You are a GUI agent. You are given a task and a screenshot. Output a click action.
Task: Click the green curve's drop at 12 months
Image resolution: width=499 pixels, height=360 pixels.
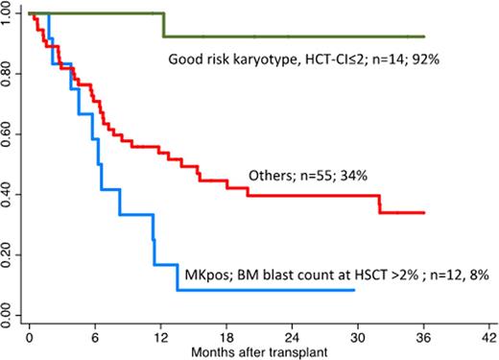tap(163, 25)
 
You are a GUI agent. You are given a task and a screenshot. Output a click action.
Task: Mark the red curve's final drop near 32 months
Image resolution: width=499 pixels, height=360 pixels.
tap(380, 204)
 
